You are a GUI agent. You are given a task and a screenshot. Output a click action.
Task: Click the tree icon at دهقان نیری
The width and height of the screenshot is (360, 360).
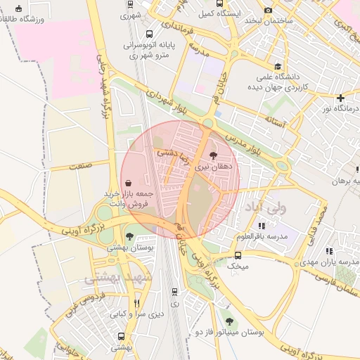[x=213, y=155]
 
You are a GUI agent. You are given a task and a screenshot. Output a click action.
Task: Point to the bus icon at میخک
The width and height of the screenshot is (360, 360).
[x=238, y=256]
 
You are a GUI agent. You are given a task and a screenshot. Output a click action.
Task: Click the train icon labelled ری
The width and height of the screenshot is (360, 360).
[x=174, y=292]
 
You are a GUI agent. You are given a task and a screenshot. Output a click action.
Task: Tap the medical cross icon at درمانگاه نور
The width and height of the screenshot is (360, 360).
[x=340, y=98]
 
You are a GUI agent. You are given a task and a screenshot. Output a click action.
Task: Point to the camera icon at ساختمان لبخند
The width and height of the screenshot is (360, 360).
[x=268, y=10]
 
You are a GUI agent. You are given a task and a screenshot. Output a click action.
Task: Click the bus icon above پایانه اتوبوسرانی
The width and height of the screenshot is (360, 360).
[x=149, y=33]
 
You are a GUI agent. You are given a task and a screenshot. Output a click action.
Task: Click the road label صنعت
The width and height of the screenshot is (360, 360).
[x=82, y=166]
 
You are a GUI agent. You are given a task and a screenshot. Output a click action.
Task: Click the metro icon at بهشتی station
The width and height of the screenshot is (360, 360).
[x=122, y=337]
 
